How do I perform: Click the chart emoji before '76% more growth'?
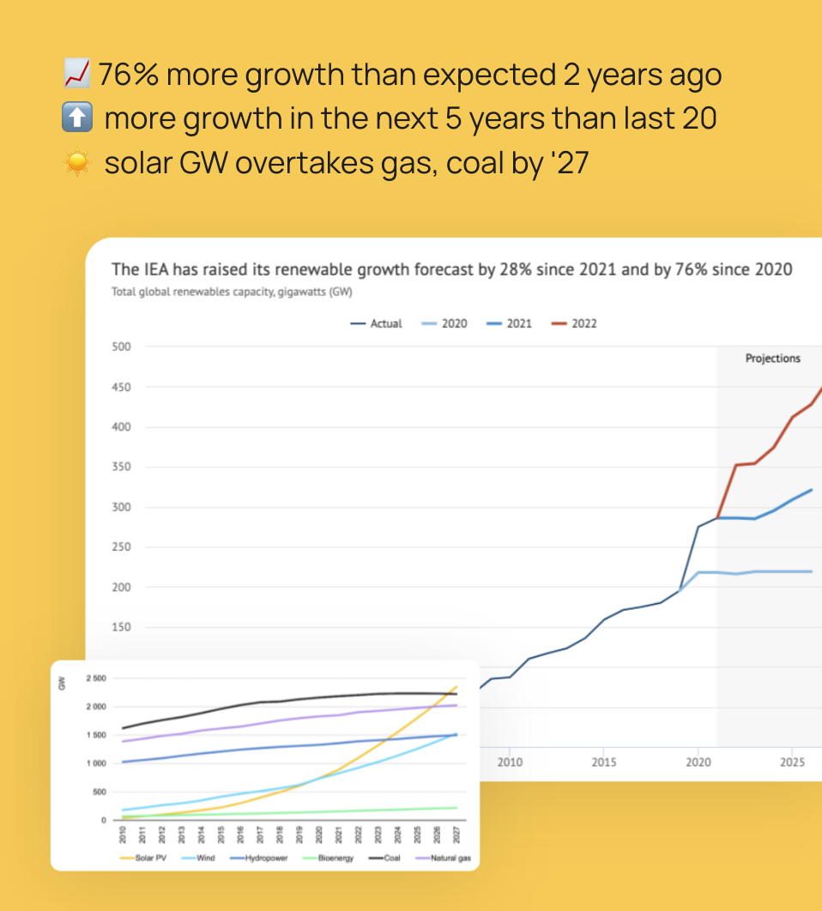(x=78, y=75)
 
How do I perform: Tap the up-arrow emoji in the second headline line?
(x=78, y=118)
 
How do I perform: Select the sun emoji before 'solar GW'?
(x=78, y=162)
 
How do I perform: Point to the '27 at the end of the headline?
(x=570, y=162)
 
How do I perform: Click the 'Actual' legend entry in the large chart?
(x=377, y=323)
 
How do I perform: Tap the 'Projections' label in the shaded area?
(x=772, y=359)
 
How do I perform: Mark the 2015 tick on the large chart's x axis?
(x=603, y=763)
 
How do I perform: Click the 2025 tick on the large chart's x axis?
(x=792, y=763)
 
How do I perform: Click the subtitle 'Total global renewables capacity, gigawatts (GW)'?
(x=233, y=292)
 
